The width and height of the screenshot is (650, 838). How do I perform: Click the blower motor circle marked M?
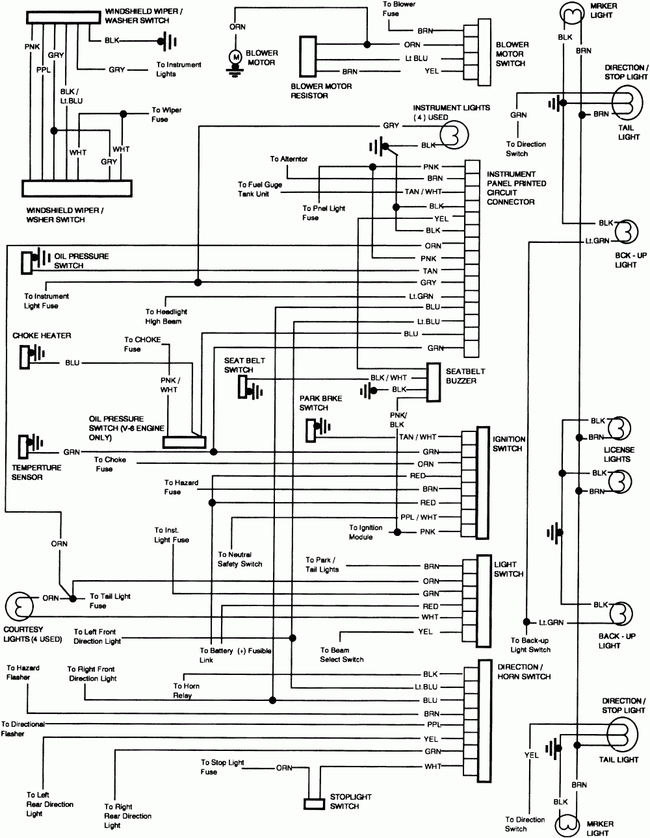236,58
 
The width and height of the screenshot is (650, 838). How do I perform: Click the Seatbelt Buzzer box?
434,381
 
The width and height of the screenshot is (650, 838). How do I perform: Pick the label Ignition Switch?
509,444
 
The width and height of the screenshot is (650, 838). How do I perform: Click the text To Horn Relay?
187,691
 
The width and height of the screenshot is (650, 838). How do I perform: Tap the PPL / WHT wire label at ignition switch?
419,517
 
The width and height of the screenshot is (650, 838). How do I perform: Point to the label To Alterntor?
289,159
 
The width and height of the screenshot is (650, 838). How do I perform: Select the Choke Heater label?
42,335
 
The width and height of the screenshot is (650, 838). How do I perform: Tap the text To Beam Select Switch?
341,654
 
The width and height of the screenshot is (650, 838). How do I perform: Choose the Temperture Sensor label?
36,472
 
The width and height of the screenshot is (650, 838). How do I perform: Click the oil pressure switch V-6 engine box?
184,442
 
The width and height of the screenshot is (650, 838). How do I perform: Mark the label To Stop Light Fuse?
222,767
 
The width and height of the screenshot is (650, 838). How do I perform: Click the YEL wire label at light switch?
426,631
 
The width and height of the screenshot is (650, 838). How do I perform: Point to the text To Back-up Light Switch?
530,644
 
